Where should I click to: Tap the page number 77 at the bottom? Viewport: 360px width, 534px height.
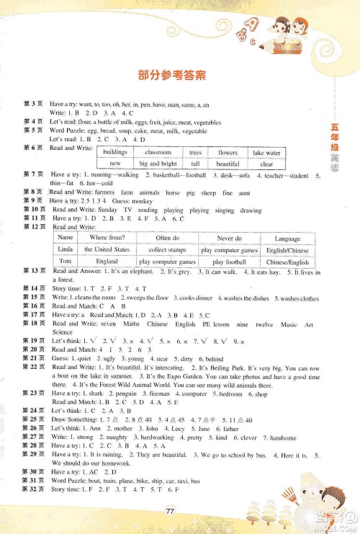point(171,512)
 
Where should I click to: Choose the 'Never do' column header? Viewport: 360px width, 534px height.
point(229,237)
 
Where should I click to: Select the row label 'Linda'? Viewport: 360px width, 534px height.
point(66,249)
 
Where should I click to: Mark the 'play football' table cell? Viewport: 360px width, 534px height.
point(229,262)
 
